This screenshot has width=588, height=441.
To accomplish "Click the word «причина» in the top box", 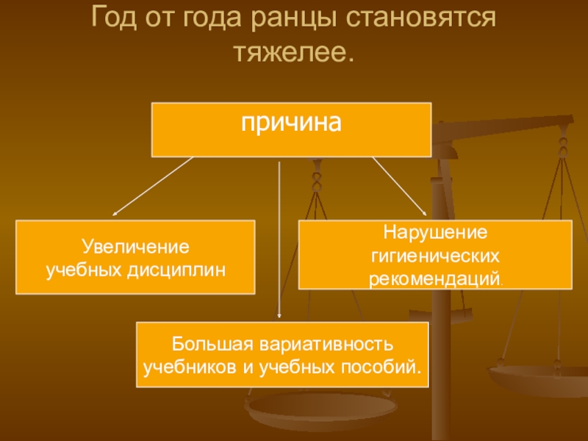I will (x=291, y=122).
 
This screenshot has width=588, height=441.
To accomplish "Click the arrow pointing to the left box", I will (x=151, y=187).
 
